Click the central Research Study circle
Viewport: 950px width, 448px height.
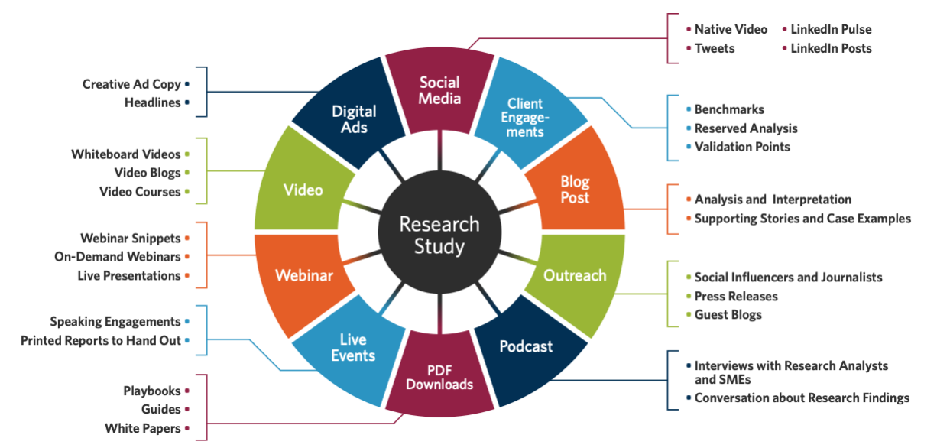[x=439, y=232]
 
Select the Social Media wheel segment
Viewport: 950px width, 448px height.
[x=439, y=91]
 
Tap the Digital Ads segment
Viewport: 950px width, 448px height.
[x=352, y=117]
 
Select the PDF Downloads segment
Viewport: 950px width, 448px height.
[x=439, y=375]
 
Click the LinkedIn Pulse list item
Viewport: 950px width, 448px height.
[x=831, y=29]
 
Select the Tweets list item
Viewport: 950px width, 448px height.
[x=714, y=48]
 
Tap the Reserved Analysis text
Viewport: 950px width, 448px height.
[x=746, y=128]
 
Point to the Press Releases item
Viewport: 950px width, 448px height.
[x=736, y=296]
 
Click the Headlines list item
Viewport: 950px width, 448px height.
[x=153, y=102]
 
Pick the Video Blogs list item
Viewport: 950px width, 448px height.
[x=148, y=173]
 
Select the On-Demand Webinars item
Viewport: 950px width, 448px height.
[x=118, y=257]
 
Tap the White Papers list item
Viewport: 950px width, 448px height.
[x=143, y=428]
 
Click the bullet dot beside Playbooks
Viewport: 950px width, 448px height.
[x=187, y=391]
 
